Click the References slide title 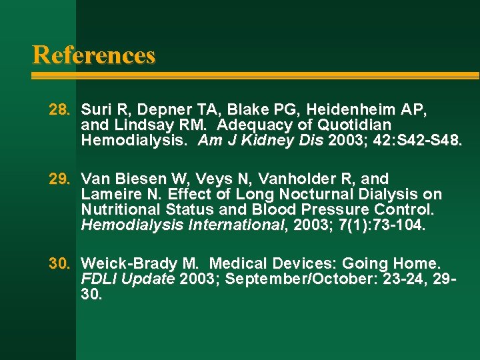[x=93, y=55]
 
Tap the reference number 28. [x=59, y=109]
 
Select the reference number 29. [x=59, y=179]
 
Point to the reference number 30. [x=59, y=263]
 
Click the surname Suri [x=95, y=109]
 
